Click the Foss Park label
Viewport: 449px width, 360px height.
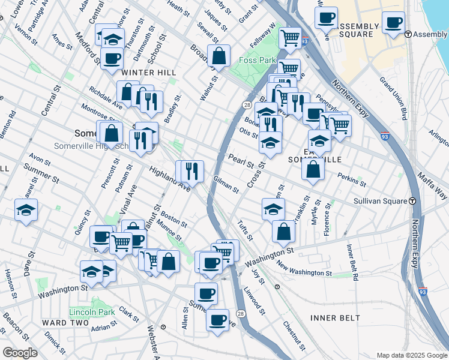[256, 61]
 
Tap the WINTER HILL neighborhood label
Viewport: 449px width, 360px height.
[149, 73]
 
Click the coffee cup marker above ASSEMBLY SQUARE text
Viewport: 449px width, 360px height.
[326, 17]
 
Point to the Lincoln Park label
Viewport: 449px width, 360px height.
[91, 313]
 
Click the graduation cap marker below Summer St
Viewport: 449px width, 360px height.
[26, 210]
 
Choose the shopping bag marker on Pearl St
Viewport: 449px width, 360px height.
[313, 169]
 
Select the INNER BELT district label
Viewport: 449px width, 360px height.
[335, 317]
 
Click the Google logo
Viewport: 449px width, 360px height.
[20, 353]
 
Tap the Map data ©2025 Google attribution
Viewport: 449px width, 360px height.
[412, 355]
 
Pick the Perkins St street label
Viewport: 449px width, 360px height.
[352, 179]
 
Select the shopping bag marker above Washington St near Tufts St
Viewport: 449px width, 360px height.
[283, 231]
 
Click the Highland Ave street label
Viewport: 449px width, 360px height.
[170, 179]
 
